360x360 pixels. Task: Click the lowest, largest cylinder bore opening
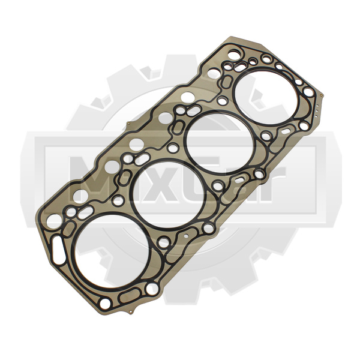pyautogui.click(x=112, y=251)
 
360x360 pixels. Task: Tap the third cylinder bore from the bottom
pyautogui.click(x=220, y=142)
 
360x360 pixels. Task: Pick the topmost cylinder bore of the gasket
pyautogui.click(x=266, y=96)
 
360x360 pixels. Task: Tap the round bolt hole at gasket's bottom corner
pyautogui.click(x=105, y=304)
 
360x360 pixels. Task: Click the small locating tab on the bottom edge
pyautogui.click(x=131, y=311)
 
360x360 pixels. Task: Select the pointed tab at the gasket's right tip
pyautogui.click(x=322, y=95)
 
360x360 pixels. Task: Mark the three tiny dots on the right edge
pyautogui.click(x=317, y=110)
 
